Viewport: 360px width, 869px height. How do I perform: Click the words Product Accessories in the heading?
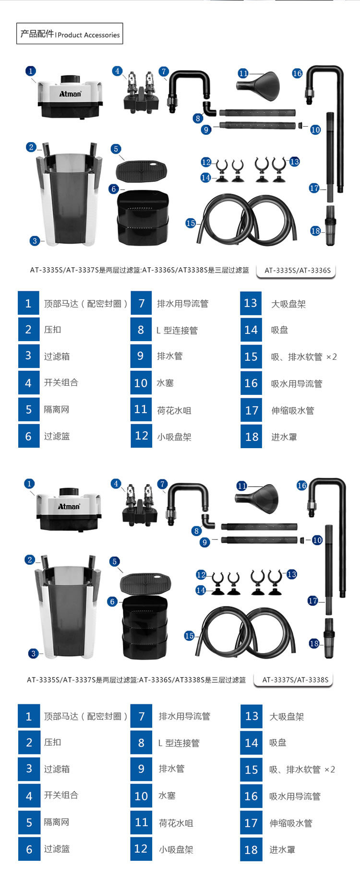tap(89, 35)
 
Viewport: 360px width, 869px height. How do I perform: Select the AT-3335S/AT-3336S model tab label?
tap(298, 270)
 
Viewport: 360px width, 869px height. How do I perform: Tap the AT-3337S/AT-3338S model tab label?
tap(296, 679)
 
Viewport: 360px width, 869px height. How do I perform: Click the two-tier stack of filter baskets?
tap(143, 216)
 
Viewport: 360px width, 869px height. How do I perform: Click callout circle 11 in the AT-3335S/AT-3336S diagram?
tap(243, 73)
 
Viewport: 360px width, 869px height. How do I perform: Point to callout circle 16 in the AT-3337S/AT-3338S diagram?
tap(301, 486)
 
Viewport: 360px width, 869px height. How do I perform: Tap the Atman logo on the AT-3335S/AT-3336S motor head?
tap(70, 94)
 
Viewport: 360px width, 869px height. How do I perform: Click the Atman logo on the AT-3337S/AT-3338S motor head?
tap(69, 506)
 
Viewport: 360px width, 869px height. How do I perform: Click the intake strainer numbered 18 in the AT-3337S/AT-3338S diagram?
tap(329, 638)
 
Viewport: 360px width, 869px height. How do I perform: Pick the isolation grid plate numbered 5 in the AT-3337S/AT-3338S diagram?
tap(145, 583)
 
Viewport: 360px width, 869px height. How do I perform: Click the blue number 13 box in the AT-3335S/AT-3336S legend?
tap(251, 303)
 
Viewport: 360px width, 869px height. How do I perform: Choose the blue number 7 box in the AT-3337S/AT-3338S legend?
tap(141, 716)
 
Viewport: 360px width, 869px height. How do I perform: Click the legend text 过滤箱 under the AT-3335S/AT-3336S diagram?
tap(57, 357)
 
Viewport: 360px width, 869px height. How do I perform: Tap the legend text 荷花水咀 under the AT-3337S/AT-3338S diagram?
tap(176, 823)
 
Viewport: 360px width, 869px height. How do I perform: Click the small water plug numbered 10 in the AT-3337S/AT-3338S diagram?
tap(302, 540)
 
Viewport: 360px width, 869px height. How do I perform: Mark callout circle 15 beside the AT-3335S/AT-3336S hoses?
tap(191, 223)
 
